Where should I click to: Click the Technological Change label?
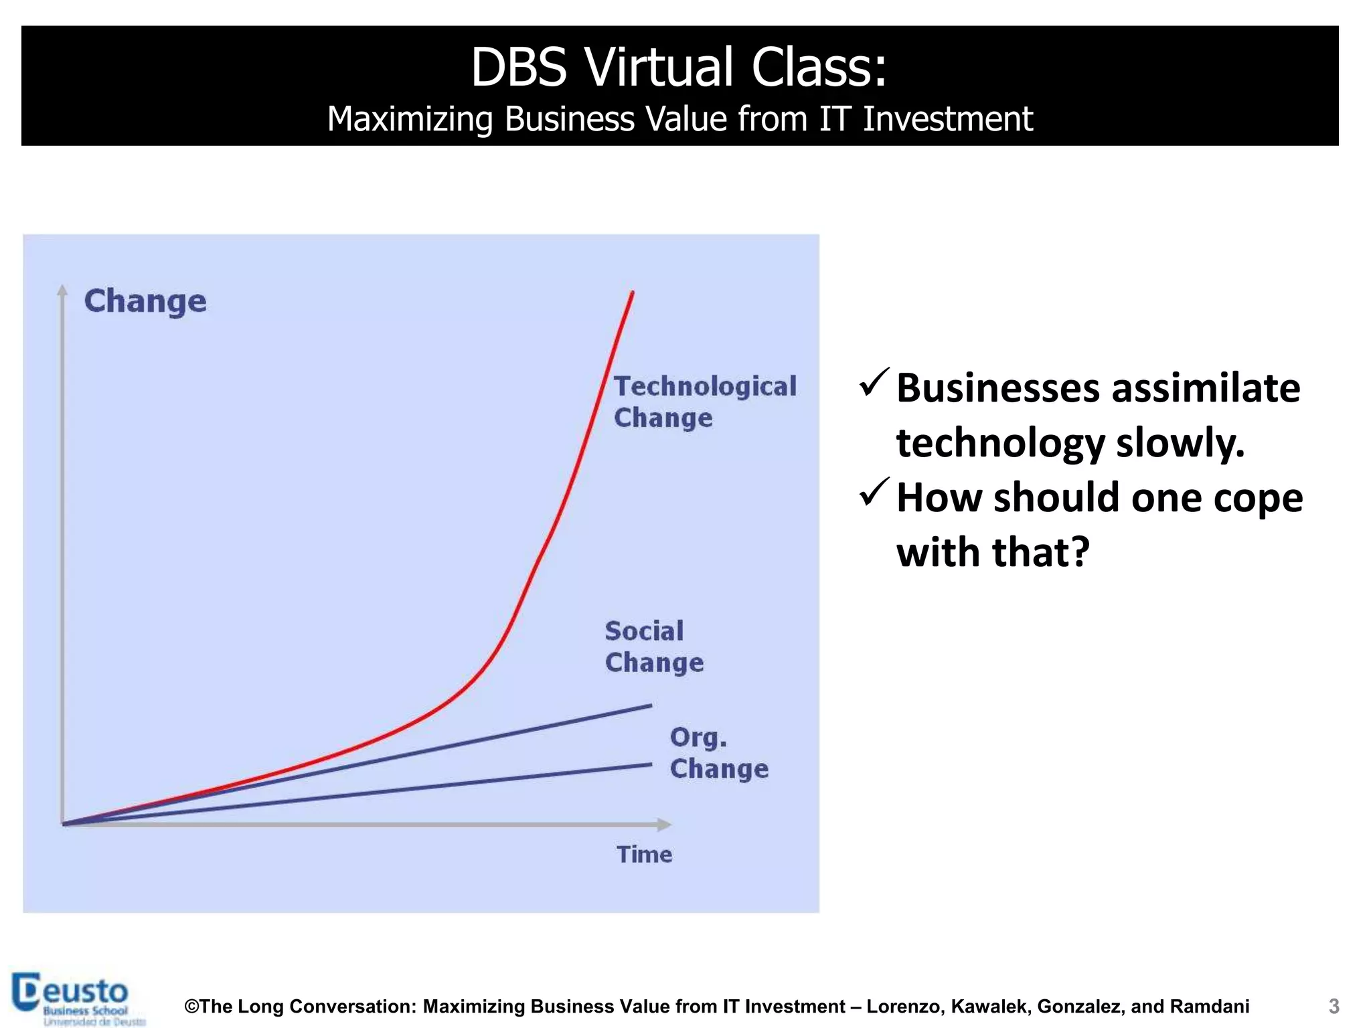click(x=704, y=402)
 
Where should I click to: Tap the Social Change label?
click(x=653, y=647)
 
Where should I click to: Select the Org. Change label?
click(x=718, y=753)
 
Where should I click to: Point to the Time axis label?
click(x=644, y=855)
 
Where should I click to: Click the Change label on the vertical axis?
click(x=145, y=301)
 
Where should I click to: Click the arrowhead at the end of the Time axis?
click(x=664, y=825)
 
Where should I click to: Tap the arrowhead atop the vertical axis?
click(x=62, y=290)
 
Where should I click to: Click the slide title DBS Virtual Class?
click(x=679, y=67)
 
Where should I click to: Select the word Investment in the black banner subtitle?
click(x=947, y=119)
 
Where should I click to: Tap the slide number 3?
click(x=1334, y=1006)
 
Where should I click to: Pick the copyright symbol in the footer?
click(x=192, y=1007)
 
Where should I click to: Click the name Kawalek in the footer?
click(x=988, y=1007)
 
